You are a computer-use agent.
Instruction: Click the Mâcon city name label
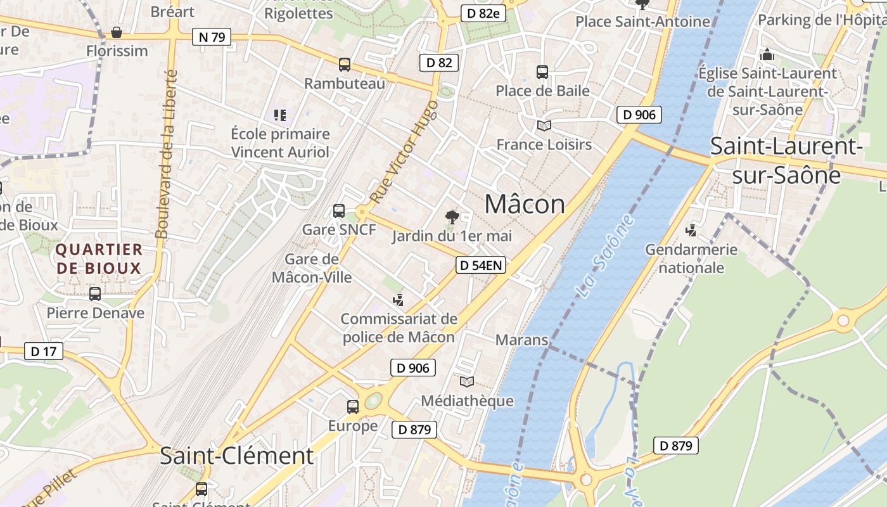click(525, 204)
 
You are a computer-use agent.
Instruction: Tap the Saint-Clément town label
click(236, 456)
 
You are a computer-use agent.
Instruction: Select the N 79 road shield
click(212, 37)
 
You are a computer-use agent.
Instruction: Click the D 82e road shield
click(483, 13)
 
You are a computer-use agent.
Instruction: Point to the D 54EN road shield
click(482, 265)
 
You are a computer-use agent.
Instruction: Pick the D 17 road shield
click(44, 351)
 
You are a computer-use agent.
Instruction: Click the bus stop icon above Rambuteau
click(344, 64)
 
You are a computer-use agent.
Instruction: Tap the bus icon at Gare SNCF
click(339, 211)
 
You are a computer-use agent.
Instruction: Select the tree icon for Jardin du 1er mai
click(452, 217)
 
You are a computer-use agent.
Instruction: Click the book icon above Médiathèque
click(467, 382)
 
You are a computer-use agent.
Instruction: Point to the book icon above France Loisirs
click(544, 125)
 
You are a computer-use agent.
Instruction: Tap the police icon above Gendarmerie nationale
click(691, 231)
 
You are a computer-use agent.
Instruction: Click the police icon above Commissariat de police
click(399, 299)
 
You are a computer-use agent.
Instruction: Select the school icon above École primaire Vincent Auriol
click(280, 115)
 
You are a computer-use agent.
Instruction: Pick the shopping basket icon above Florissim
click(117, 32)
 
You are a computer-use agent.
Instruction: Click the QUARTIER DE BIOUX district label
click(99, 259)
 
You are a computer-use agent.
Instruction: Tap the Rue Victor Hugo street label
click(404, 152)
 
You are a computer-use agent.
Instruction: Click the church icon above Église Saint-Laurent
click(767, 55)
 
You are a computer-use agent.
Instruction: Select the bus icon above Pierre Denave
click(95, 294)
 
